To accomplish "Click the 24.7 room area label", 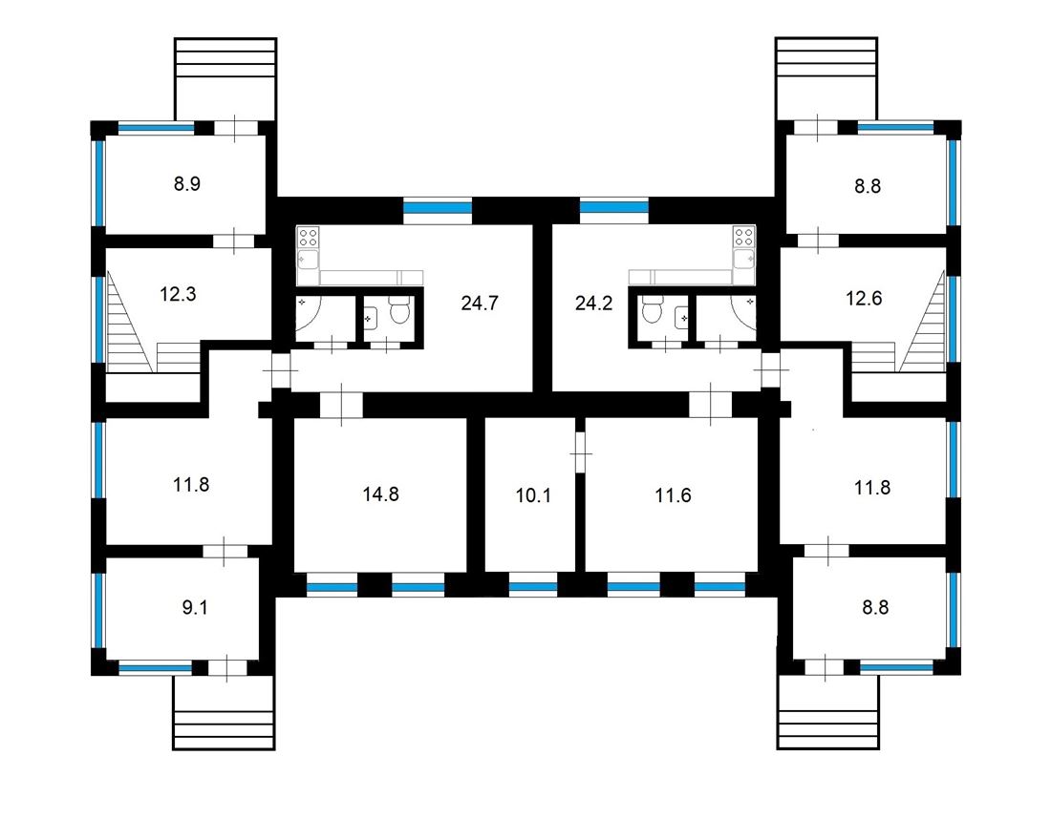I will [x=480, y=304].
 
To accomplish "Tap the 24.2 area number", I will [x=593, y=304].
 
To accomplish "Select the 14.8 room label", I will [x=379, y=494].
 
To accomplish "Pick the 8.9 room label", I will [x=186, y=184].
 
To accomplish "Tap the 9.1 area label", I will [x=194, y=608].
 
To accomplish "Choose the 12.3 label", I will [x=178, y=294].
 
